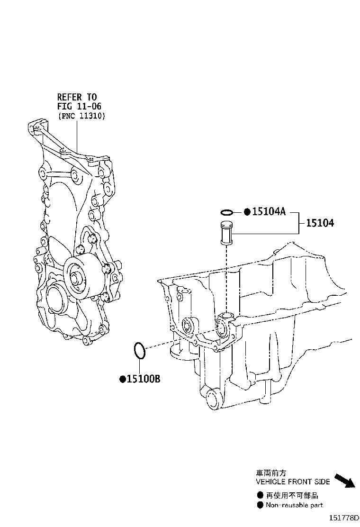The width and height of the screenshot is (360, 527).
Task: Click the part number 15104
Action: (x=320, y=223)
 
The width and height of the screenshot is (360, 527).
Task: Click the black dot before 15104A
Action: (x=247, y=212)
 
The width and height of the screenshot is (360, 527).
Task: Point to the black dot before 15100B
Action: (x=123, y=380)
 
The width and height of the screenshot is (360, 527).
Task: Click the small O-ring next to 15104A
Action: (x=227, y=212)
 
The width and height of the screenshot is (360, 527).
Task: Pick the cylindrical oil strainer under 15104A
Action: (x=226, y=232)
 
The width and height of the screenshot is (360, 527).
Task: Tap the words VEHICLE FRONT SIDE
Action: (x=293, y=482)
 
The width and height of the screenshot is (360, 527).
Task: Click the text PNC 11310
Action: (x=82, y=116)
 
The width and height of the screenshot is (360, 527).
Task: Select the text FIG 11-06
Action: (x=79, y=107)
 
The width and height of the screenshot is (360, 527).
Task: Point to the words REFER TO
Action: (x=77, y=97)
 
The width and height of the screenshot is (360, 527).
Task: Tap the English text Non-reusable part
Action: (x=295, y=505)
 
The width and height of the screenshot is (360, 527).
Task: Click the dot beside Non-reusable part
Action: (x=260, y=505)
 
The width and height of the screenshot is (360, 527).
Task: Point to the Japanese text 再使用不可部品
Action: (x=292, y=495)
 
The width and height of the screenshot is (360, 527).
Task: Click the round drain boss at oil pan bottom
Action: (x=213, y=400)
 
